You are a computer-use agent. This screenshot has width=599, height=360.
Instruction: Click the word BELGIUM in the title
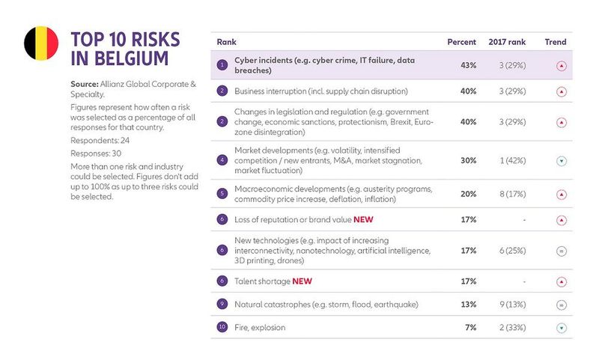pos(127,58)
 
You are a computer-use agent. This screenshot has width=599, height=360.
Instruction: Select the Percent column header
pos(461,42)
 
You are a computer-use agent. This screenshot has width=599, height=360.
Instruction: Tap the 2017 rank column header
pos(508,42)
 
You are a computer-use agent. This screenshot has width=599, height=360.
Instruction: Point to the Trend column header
pos(556,42)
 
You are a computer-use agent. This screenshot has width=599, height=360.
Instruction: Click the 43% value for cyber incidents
pos(469,65)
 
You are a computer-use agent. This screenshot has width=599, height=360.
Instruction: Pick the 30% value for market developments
pos(469,159)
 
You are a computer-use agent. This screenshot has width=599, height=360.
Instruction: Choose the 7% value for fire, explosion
pos(471,327)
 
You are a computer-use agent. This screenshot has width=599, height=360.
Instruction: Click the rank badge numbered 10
pos(222,327)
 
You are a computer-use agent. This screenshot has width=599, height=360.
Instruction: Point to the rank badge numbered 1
pos(222,65)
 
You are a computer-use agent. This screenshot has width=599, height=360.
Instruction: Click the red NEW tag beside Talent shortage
pos(302,281)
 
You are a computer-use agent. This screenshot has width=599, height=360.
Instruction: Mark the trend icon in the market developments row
pos(562,159)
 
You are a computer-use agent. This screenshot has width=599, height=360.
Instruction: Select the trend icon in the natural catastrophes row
pos(562,305)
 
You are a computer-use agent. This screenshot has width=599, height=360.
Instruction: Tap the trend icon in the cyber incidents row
pos(562,65)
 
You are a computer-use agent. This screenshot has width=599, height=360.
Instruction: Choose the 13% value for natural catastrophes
pos(469,305)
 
